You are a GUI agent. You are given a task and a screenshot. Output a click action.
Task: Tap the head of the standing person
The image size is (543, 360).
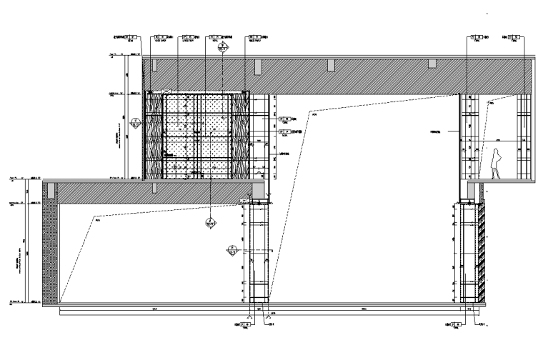(x=497, y=151)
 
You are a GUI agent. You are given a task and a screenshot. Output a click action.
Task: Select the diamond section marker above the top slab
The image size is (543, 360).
(x=223, y=48)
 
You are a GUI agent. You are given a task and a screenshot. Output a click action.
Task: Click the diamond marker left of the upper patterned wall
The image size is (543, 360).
(x=135, y=124)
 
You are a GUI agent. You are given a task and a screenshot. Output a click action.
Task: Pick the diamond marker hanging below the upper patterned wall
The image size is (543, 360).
(x=210, y=223)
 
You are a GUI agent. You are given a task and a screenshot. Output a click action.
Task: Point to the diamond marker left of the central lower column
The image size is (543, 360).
(x=231, y=251)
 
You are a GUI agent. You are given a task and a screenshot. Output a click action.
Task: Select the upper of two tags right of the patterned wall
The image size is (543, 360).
(x=285, y=118)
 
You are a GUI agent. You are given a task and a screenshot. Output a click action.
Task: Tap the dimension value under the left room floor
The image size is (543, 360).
(x=154, y=309)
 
